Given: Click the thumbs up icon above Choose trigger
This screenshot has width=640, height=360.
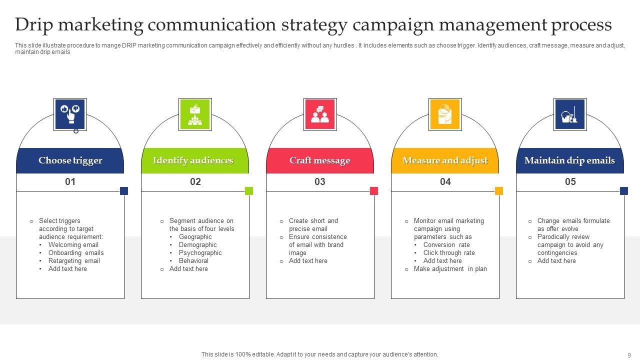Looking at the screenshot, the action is pos(70,114).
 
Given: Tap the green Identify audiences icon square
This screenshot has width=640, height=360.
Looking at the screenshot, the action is pos(195,114).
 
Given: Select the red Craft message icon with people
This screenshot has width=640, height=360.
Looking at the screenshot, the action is pos(320,114).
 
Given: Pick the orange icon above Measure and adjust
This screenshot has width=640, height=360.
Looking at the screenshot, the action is pos(445,114).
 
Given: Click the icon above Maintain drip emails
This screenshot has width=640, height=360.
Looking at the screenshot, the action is pos(570,114).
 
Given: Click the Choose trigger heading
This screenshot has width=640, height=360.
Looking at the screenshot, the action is pos(70,160).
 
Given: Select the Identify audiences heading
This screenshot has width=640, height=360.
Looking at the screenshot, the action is pos(193,160).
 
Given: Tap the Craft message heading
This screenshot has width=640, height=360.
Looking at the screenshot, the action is pos(319,160).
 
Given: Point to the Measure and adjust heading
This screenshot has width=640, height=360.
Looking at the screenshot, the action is pos(445,160).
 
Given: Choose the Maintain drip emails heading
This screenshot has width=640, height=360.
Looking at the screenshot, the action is pos(569,160).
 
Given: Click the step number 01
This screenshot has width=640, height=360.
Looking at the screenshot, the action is pos(70,182).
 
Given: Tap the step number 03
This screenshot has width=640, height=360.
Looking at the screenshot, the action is pos(320,182).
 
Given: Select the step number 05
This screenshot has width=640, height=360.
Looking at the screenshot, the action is pos(570,182).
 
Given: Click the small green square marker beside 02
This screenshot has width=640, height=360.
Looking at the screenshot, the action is pos(249,191).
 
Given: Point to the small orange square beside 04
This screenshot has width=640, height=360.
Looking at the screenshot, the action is pos(499,191).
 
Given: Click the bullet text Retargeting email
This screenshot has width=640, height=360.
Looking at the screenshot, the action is pos(74,261).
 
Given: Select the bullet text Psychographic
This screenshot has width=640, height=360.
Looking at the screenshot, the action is pos(200,253).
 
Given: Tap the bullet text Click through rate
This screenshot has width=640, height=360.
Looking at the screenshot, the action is pos(449,253).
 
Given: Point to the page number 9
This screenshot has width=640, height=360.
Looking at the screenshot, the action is pos(629,354).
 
